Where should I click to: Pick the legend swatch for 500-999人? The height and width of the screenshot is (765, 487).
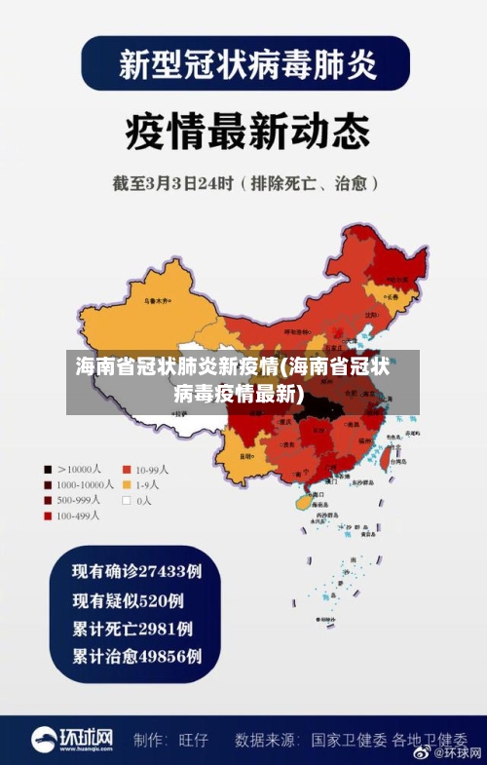click(47, 500)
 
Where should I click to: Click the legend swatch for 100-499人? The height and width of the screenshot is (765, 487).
click(47, 516)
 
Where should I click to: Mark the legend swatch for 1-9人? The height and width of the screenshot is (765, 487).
click(126, 483)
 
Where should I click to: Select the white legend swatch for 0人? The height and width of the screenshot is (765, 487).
click(126, 500)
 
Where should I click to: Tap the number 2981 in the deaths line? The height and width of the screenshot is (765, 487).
click(155, 628)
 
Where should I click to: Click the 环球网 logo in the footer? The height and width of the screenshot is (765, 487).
click(73, 739)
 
